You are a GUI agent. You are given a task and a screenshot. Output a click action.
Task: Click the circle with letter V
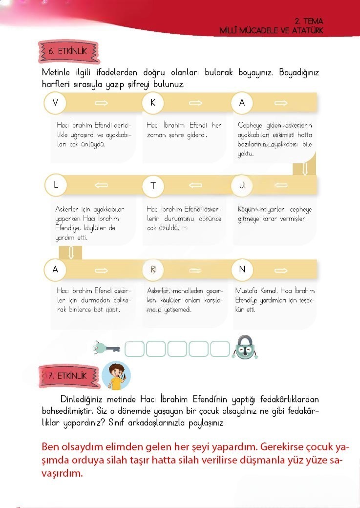[x=55, y=103]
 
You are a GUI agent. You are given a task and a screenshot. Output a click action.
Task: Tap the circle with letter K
[x=153, y=103]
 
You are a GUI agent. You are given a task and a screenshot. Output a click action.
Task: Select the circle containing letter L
[x=56, y=185]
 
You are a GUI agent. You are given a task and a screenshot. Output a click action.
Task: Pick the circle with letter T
[x=153, y=186]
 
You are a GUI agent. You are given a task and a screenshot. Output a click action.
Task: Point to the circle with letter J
[x=242, y=185]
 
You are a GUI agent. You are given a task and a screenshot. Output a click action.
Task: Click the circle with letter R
[x=153, y=269]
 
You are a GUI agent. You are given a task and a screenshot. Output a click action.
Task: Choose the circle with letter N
[x=242, y=269]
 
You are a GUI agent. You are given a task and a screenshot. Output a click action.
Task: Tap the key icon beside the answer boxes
[x=107, y=348]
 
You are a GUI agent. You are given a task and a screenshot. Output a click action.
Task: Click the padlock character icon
[x=246, y=348]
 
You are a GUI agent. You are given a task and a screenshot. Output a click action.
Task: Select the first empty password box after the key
[x=135, y=349]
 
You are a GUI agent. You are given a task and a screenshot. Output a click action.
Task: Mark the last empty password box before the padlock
[x=220, y=349]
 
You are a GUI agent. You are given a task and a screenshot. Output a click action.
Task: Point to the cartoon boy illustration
[x=117, y=375]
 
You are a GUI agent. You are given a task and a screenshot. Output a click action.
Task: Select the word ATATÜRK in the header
[x=308, y=30]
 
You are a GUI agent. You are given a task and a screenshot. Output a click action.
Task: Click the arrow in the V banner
[x=101, y=103]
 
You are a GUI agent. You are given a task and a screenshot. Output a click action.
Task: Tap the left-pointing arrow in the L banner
[x=101, y=185]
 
